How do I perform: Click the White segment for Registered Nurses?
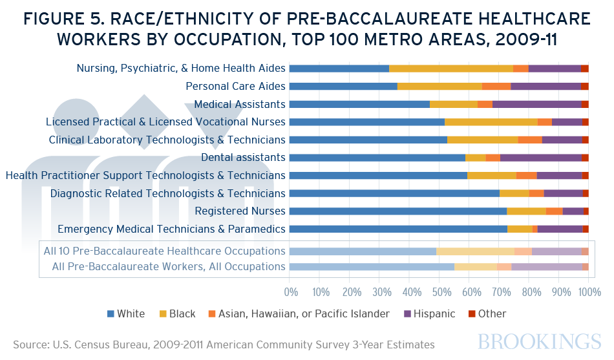(397, 211)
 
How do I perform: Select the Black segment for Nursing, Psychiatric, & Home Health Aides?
(450, 68)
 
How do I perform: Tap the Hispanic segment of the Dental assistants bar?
(540, 157)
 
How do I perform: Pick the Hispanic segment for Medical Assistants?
(536, 104)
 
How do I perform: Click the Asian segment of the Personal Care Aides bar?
(496, 86)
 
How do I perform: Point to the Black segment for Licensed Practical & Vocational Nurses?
(491, 122)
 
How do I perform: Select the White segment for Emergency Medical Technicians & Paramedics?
(398, 229)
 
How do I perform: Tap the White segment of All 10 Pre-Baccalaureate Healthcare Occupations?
(363, 251)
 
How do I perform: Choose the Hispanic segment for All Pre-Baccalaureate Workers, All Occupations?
(547, 266)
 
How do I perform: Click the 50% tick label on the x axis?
(439, 293)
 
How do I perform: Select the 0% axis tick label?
(290, 293)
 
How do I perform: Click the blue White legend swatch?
(111, 314)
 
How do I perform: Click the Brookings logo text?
(540, 342)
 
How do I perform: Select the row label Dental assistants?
(243, 157)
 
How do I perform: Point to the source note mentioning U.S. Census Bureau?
(224, 345)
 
